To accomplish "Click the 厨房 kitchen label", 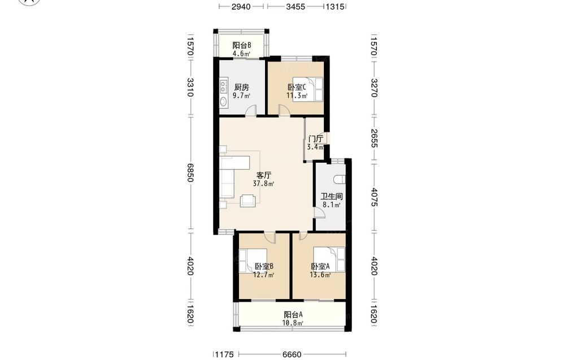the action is [241, 87].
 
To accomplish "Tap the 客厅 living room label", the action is [263, 176].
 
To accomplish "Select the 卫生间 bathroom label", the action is [332, 197].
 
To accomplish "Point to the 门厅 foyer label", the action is [316, 138].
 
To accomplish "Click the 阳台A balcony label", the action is [293, 315].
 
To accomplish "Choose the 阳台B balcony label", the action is [241, 45].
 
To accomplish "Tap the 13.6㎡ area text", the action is [320, 275].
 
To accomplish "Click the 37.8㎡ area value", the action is [263, 184].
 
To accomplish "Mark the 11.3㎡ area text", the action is [297, 96].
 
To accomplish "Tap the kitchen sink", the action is [223, 102].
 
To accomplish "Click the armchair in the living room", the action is [248, 201].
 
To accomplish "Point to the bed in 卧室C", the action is [307, 89].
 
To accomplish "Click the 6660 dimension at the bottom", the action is [292, 355].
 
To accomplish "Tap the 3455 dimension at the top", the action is [295, 7].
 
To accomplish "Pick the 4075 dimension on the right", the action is [373, 197].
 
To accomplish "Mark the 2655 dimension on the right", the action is [373, 138].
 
